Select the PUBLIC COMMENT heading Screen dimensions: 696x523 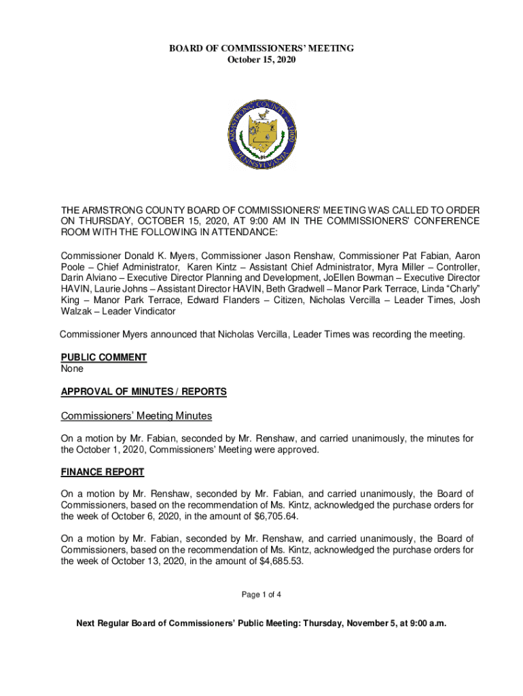103,358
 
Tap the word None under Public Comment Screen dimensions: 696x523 72,369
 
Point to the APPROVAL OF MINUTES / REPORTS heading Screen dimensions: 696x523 143,392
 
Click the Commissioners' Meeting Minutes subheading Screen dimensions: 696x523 137,415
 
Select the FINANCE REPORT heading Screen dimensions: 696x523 102,472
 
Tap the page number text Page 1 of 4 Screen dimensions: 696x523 261,595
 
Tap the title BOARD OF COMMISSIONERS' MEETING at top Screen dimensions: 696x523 261,48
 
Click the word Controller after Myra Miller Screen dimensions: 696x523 458,267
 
